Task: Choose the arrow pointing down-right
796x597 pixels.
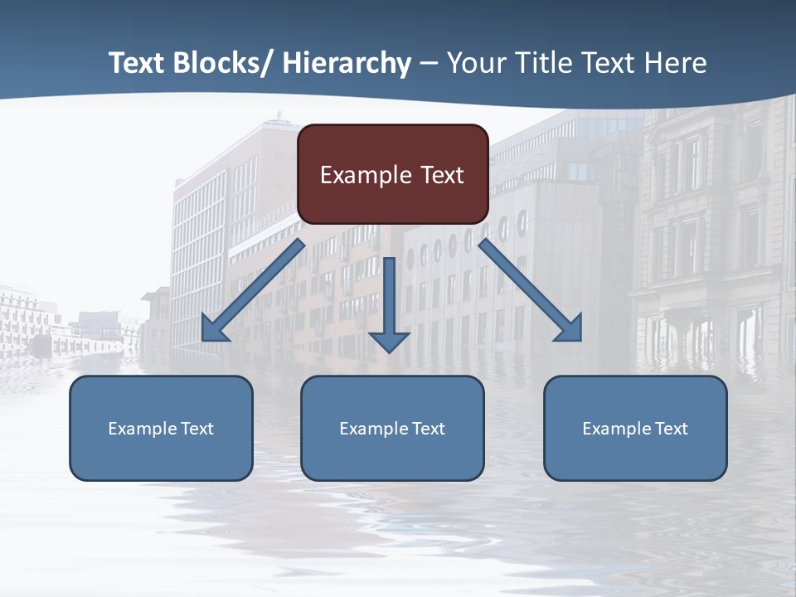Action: point(531,290)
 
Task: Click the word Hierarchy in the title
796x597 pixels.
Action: point(347,63)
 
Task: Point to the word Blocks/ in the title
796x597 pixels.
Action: point(220,63)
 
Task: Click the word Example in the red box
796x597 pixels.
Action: point(366,175)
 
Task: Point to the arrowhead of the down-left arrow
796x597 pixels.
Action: point(213,329)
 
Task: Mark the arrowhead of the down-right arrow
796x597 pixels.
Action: point(570,329)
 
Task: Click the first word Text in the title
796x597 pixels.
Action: point(137,63)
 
